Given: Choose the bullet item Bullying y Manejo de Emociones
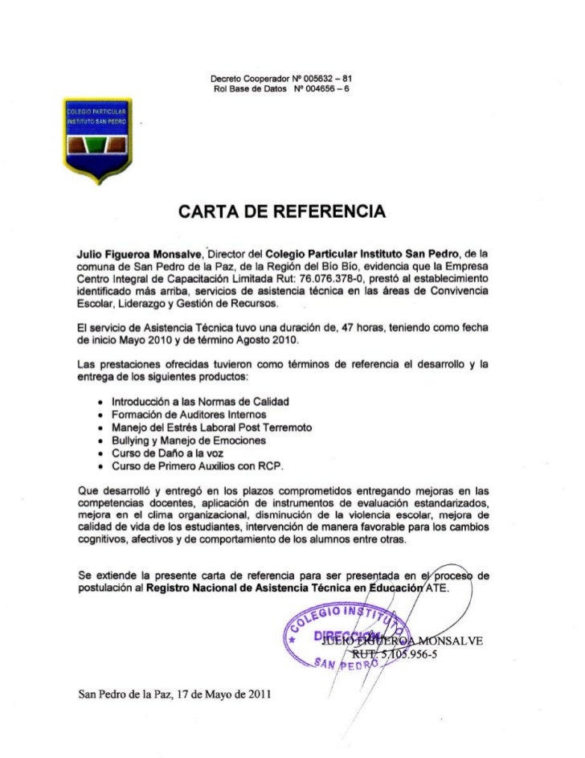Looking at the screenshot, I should (x=192, y=441).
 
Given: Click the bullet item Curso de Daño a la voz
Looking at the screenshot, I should (x=166, y=455).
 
